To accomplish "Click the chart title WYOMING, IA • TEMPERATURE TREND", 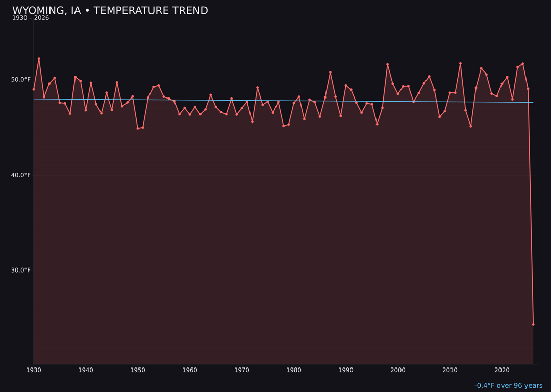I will pos(110,11).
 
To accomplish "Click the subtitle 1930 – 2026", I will pos(31,18).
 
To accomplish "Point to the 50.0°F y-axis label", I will pos(21,80).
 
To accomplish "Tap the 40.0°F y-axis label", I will pos(21,175).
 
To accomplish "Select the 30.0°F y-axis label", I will pos(21,271).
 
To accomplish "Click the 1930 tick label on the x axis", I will pos(34,370).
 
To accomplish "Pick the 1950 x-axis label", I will pos(138,370).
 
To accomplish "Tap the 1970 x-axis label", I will pos(242,370).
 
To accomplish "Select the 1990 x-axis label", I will pos(346,370).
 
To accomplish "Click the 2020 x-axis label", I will pos(502,370).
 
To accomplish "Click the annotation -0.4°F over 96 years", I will pos(508,386).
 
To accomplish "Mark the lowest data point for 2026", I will pos(533,324).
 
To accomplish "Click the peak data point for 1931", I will pos(39,59).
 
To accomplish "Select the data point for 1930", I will pos(34,89).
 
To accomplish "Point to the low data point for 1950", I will pos(138,128).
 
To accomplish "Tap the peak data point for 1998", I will pos(387,64).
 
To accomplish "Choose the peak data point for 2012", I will pos(460,63).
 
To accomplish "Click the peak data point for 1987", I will pos(330,72).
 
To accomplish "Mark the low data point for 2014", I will pos(470,126).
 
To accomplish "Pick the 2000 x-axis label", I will pos(398,370).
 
